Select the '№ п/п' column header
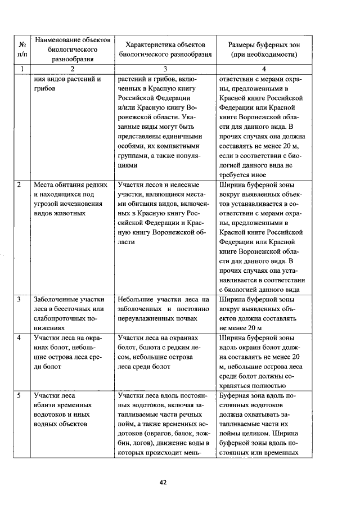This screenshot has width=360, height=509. point(21,49)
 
